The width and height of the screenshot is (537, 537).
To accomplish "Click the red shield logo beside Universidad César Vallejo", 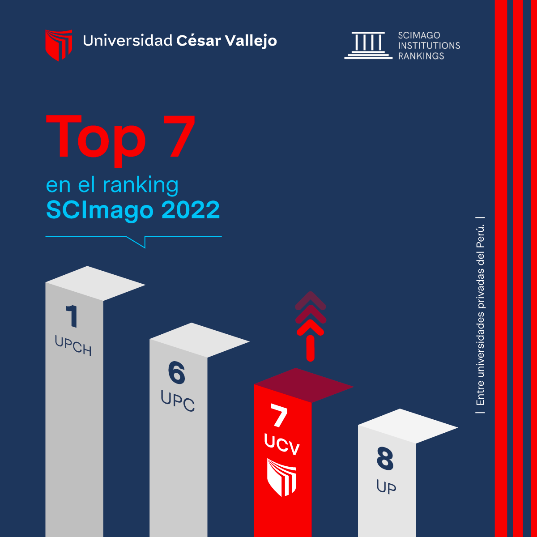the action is (59, 45).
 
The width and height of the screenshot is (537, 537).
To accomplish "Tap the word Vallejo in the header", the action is (251, 41).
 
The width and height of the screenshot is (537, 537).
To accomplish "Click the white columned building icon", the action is (368, 45).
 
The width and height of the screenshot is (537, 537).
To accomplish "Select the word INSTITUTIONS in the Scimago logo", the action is (429, 46).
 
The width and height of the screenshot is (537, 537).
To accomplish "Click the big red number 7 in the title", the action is (179, 136).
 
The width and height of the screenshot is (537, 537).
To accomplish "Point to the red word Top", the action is (96, 141).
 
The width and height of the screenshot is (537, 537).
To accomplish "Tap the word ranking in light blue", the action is (141, 185).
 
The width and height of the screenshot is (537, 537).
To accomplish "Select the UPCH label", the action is (73, 345).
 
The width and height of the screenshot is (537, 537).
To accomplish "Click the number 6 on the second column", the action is (176, 373).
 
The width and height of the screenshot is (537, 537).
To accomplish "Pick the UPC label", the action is (178, 401).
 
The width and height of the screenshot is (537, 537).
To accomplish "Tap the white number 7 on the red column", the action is (279, 416).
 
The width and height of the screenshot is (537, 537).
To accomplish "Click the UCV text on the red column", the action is (282, 444).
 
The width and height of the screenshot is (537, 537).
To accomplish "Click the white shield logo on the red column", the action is (281, 477).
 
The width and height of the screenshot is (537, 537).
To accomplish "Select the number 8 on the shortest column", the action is (385, 459).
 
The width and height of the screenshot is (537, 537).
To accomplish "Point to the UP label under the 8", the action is (386, 486).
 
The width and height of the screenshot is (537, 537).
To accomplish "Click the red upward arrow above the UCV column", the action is (311, 326).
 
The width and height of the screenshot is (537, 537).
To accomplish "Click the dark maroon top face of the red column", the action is (304, 385).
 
